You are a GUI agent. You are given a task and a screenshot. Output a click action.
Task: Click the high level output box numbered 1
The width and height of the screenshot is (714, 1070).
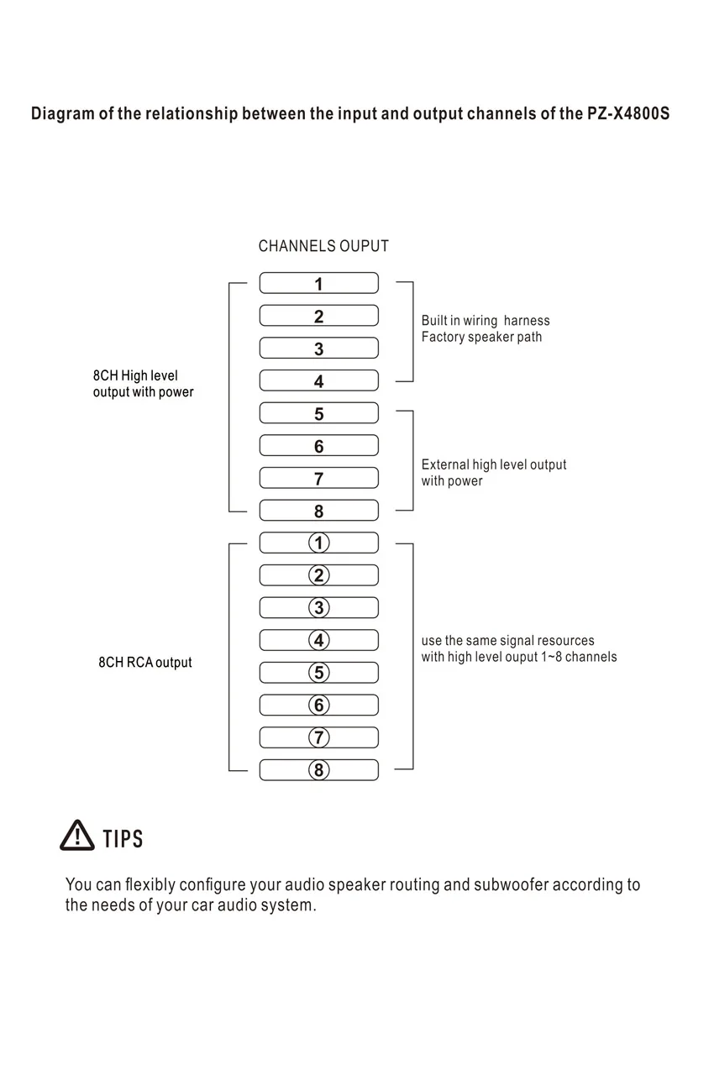coord(318,283)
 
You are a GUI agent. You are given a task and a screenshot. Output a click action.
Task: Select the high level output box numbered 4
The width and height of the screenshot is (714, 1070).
coord(318,380)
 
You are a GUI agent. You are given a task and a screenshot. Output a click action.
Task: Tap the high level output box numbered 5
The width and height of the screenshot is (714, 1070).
coord(318,413)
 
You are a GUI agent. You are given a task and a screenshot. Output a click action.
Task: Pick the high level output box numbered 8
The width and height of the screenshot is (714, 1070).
coord(318,511)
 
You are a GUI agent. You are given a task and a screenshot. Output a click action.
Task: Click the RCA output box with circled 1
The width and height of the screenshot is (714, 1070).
coord(318,543)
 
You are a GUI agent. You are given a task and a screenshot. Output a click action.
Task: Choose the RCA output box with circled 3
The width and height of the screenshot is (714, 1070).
coord(318,607)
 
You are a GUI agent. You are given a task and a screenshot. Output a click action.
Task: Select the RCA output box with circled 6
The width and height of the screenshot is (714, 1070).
coord(318,705)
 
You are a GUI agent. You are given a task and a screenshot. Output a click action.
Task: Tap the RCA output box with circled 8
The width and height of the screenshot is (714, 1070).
coord(318,770)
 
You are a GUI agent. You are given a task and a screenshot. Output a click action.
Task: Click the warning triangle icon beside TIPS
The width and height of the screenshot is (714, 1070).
coord(77,836)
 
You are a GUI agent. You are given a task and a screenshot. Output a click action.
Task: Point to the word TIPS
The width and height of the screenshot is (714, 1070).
coord(123,838)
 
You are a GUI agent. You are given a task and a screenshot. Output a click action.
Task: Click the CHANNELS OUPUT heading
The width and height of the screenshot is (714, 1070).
coord(323,246)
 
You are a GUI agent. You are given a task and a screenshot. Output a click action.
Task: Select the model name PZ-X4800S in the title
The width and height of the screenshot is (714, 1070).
coord(628,113)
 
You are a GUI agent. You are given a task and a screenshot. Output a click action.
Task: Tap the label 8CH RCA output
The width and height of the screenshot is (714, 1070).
coord(145,663)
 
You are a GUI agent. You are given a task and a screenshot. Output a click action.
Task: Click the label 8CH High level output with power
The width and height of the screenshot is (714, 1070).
coord(143,384)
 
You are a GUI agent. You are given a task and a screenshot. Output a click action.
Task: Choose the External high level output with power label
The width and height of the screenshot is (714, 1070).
coord(494,472)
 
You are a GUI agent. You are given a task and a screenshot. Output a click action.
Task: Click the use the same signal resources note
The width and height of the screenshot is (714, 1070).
coord(518,648)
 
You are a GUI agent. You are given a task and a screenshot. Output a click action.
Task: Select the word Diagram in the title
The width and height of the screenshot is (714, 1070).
coord(62,113)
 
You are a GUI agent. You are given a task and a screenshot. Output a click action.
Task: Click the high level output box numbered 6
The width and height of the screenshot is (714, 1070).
coord(318,446)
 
